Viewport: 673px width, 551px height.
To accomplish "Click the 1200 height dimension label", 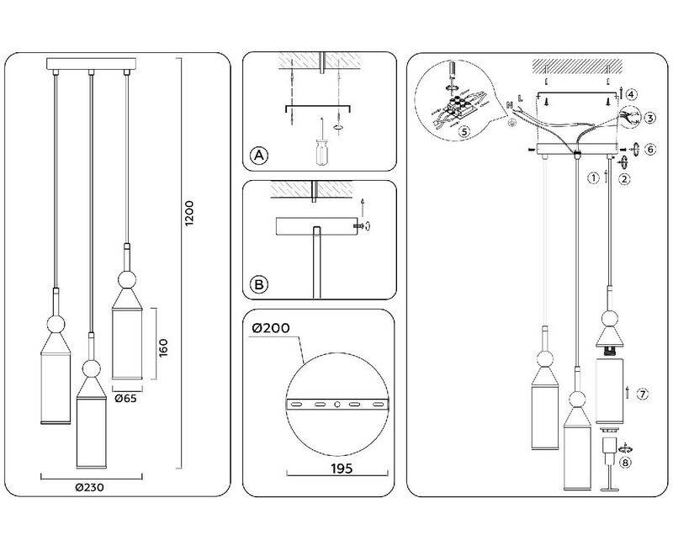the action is pyautogui.click(x=189, y=214).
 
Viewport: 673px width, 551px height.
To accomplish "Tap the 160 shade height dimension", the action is pyautogui.click(x=163, y=347).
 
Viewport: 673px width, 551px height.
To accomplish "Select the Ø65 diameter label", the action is pyautogui.click(x=125, y=398).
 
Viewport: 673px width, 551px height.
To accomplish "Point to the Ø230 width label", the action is pyautogui.click(x=89, y=488).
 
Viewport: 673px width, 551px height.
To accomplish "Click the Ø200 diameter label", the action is pyautogui.click(x=271, y=328).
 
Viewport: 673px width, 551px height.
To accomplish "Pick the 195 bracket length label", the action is pyautogui.click(x=342, y=469).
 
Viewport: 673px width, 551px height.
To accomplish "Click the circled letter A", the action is pyautogui.click(x=259, y=156).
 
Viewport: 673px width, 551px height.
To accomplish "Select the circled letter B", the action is pyautogui.click(x=259, y=284).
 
